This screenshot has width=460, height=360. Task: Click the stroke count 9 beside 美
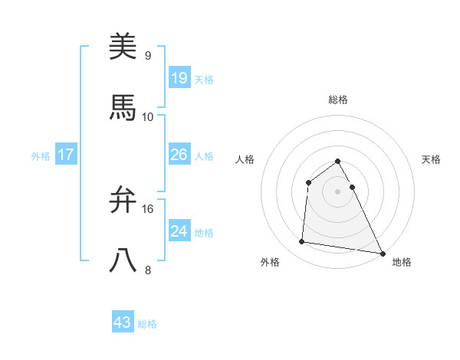tap(147, 56)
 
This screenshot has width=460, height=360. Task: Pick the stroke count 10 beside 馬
tap(148, 116)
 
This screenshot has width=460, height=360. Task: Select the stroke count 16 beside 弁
tap(148, 208)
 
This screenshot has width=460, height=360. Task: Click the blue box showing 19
tap(179, 77)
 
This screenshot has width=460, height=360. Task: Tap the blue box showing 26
tap(179, 155)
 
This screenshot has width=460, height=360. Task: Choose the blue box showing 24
tap(179, 231)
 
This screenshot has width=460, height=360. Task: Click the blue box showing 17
tap(66, 155)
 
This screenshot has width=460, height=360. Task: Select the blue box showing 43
tap(123, 322)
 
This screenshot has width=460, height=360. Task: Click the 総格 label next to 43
tap(148, 324)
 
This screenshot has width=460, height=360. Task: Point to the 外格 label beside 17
tap(41, 156)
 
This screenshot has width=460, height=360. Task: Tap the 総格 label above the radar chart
tap(338, 100)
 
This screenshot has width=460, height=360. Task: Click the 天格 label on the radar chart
tap(432, 159)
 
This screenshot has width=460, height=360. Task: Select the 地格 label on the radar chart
tap(402, 262)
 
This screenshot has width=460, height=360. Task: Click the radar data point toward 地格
tap(383, 253)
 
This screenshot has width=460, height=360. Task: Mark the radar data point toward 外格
tap(302, 242)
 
